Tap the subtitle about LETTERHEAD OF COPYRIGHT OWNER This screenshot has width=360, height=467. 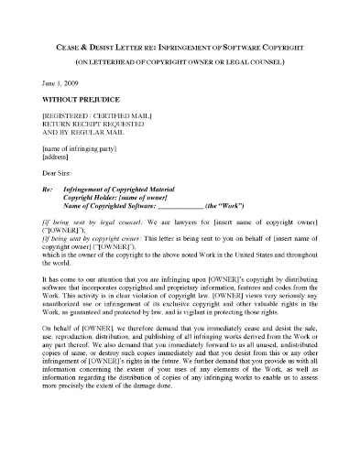pos(180,61)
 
